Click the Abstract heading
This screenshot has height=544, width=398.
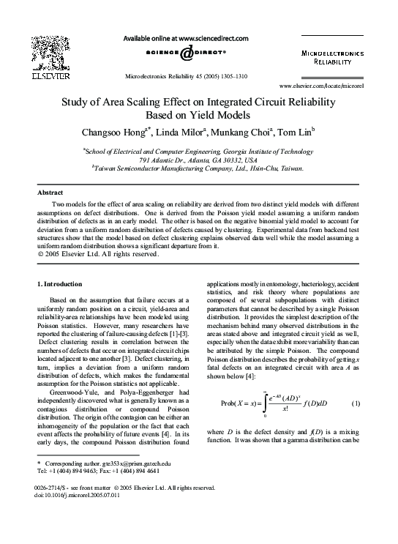50,192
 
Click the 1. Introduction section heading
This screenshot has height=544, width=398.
59,283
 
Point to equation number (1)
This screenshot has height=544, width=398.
356,404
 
